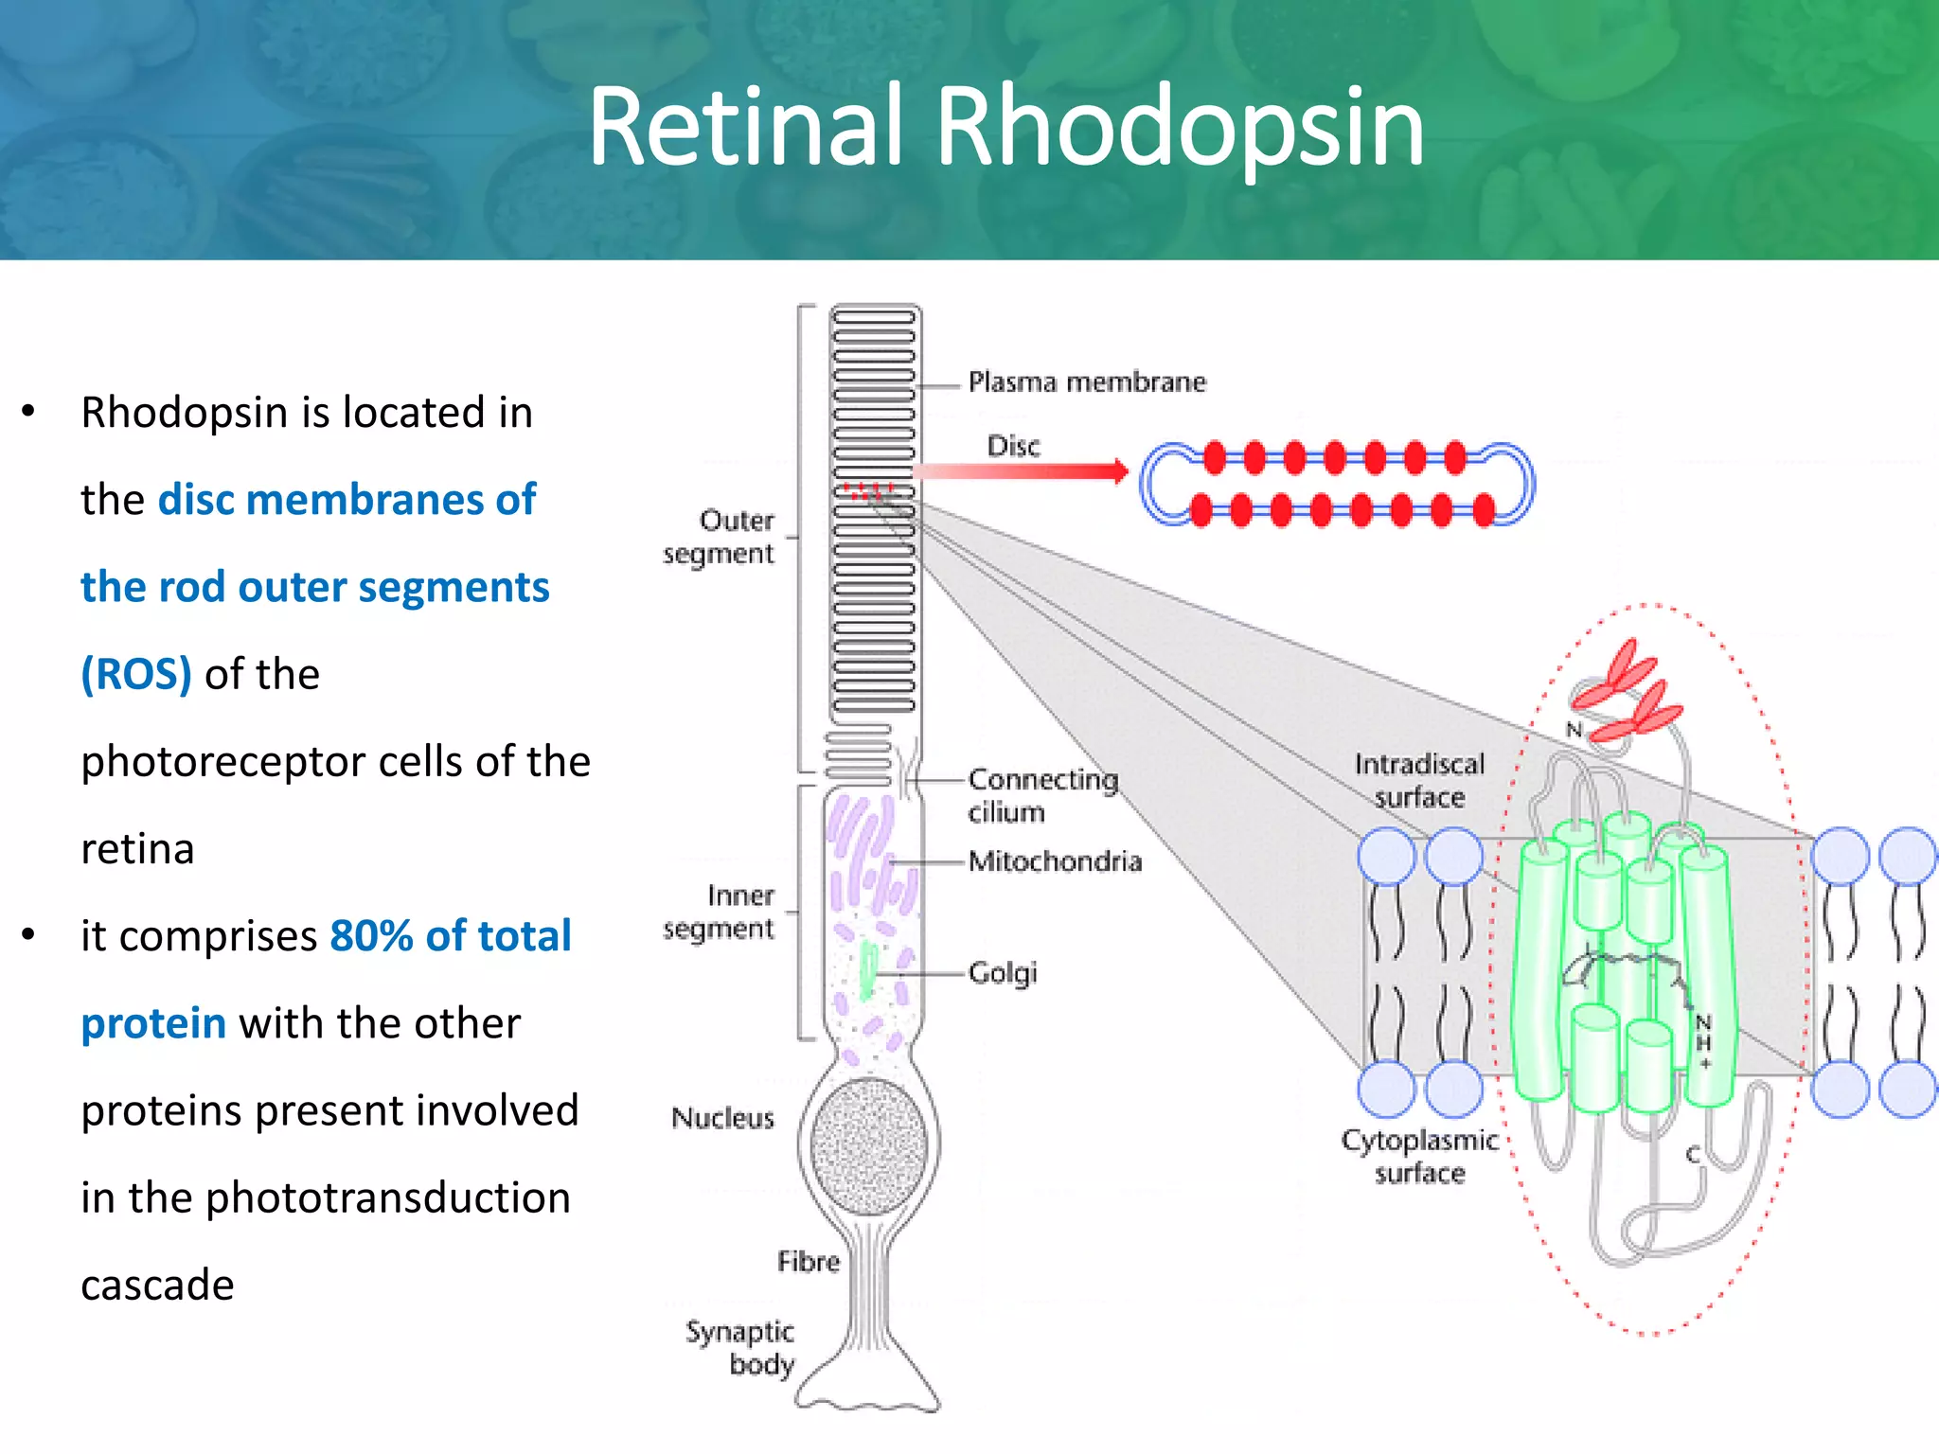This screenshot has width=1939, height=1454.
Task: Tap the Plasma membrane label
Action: pyautogui.click(x=1087, y=382)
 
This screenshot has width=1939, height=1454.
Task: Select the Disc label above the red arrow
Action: pyautogui.click(x=1012, y=446)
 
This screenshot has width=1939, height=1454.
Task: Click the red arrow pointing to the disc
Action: pyautogui.click(x=1023, y=471)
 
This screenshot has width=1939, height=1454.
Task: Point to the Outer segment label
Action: pyautogui.click(x=720, y=537)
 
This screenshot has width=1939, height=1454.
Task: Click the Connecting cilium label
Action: pyautogui.click(x=1041, y=795)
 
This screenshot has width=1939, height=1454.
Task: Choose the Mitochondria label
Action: pyautogui.click(x=1055, y=861)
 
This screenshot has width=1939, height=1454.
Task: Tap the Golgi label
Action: pyautogui.click(x=1003, y=973)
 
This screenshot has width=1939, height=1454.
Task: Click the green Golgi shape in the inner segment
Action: pyautogui.click(x=867, y=971)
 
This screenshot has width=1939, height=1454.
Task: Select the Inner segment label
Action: pyautogui.click(x=720, y=912)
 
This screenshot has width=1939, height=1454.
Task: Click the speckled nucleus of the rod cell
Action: pyautogui.click(x=868, y=1146)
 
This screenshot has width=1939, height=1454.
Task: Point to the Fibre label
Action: pyautogui.click(x=808, y=1262)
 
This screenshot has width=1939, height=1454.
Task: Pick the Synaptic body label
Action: pyautogui.click(x=741, y=1348)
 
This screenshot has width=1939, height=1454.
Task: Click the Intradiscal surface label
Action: pyautogui.click(x=1418, y=780)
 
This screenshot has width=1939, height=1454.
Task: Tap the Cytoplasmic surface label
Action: pyautogui.click(x=1418, y=1156)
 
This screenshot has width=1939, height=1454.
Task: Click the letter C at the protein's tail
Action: pyautogui.click(x=1693, y=1155)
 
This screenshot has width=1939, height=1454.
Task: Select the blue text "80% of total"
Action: pyautogui.click(x=451, y=936)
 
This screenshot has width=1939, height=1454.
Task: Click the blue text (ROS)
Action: pyautogui.click(x=136, y=674)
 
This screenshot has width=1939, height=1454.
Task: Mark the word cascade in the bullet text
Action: pyautogui.click(x=157, y=1286)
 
